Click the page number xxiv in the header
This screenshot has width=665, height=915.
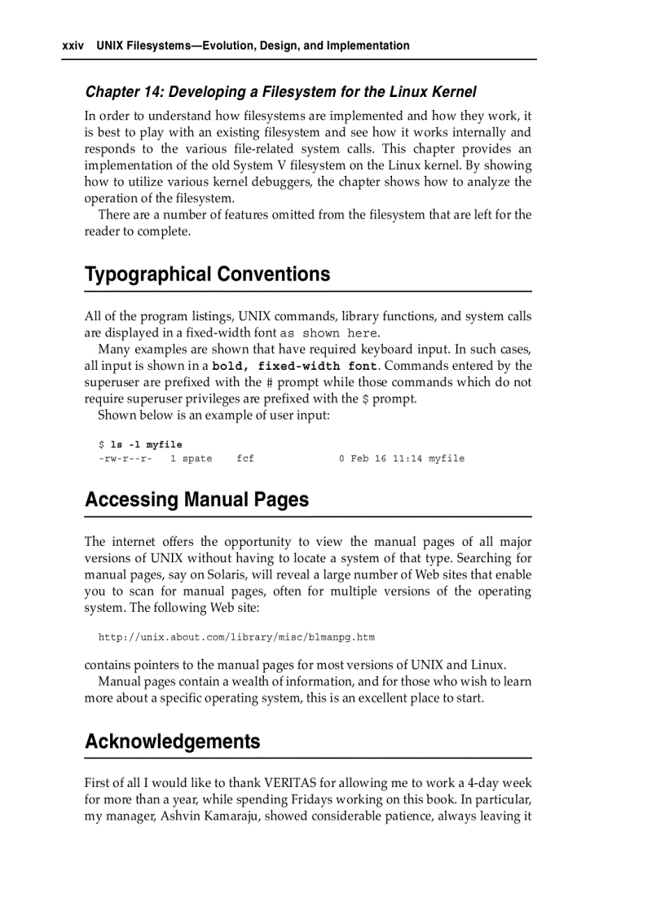[73, 46]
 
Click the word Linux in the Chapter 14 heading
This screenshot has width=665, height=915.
[395, 92]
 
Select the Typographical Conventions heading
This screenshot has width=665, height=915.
[207, 274]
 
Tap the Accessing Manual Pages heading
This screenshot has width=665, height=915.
[196, 499]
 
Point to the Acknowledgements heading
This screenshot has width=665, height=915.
[173, 741]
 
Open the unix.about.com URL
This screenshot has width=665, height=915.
[236, 637]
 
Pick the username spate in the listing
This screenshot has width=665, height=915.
[197, 459]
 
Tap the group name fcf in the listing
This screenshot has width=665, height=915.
[245, 459]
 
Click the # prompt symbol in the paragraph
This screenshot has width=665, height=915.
[270, 382]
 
